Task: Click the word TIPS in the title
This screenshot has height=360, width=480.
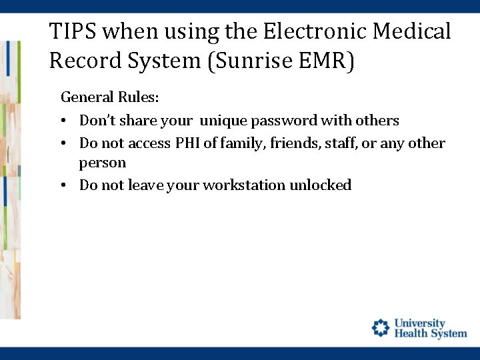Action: pos(73,31)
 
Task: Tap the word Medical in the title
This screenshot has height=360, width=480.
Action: pos(412,31)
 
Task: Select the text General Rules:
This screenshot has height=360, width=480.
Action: pos(110,97)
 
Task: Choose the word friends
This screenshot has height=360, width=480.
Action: pos(293,143)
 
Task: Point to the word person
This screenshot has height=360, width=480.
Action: pos(102,163)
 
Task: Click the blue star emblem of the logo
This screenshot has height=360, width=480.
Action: pos(381,328)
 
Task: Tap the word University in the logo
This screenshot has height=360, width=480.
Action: pos(420,323)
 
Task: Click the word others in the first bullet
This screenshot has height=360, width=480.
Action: pos(377,121)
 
